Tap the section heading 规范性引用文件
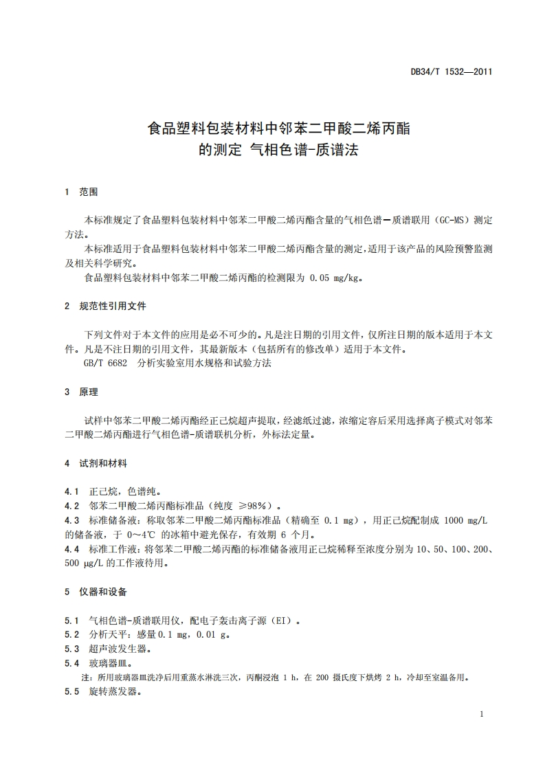pos(113,306)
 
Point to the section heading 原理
pos(89,392)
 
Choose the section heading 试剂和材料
pos(104,464)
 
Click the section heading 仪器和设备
pos(104,592)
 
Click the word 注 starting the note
pos(86,678)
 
